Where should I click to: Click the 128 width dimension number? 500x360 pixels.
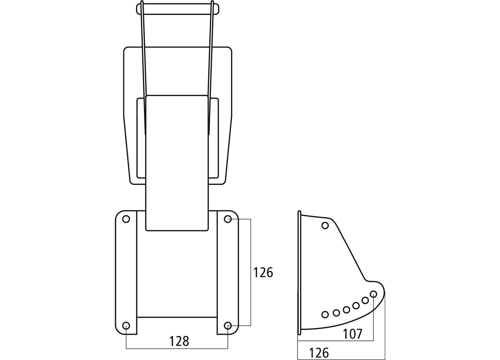(x=179, y=341)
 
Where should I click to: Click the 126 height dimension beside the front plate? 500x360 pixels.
(x=263, y=273)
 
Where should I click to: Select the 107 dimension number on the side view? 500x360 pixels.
(x=353, y=334)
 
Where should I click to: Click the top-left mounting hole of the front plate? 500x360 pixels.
(x=126, y=219)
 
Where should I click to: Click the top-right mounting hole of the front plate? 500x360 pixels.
(x=228, y=219)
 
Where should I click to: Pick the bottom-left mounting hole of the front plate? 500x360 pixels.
(x=126, y=326)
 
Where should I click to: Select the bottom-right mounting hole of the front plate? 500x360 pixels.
(x=228, y=326)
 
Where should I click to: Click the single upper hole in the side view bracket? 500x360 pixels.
(x=325, y=226)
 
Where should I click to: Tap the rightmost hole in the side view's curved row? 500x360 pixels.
(x=374, y=294)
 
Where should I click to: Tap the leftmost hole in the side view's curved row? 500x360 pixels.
(x=325, y=314)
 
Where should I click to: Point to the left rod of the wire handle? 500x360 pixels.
(x=143, y=62)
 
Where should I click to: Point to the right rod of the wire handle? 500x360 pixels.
(x=211, y=62)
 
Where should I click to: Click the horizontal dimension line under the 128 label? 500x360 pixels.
(x=177, y=349)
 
